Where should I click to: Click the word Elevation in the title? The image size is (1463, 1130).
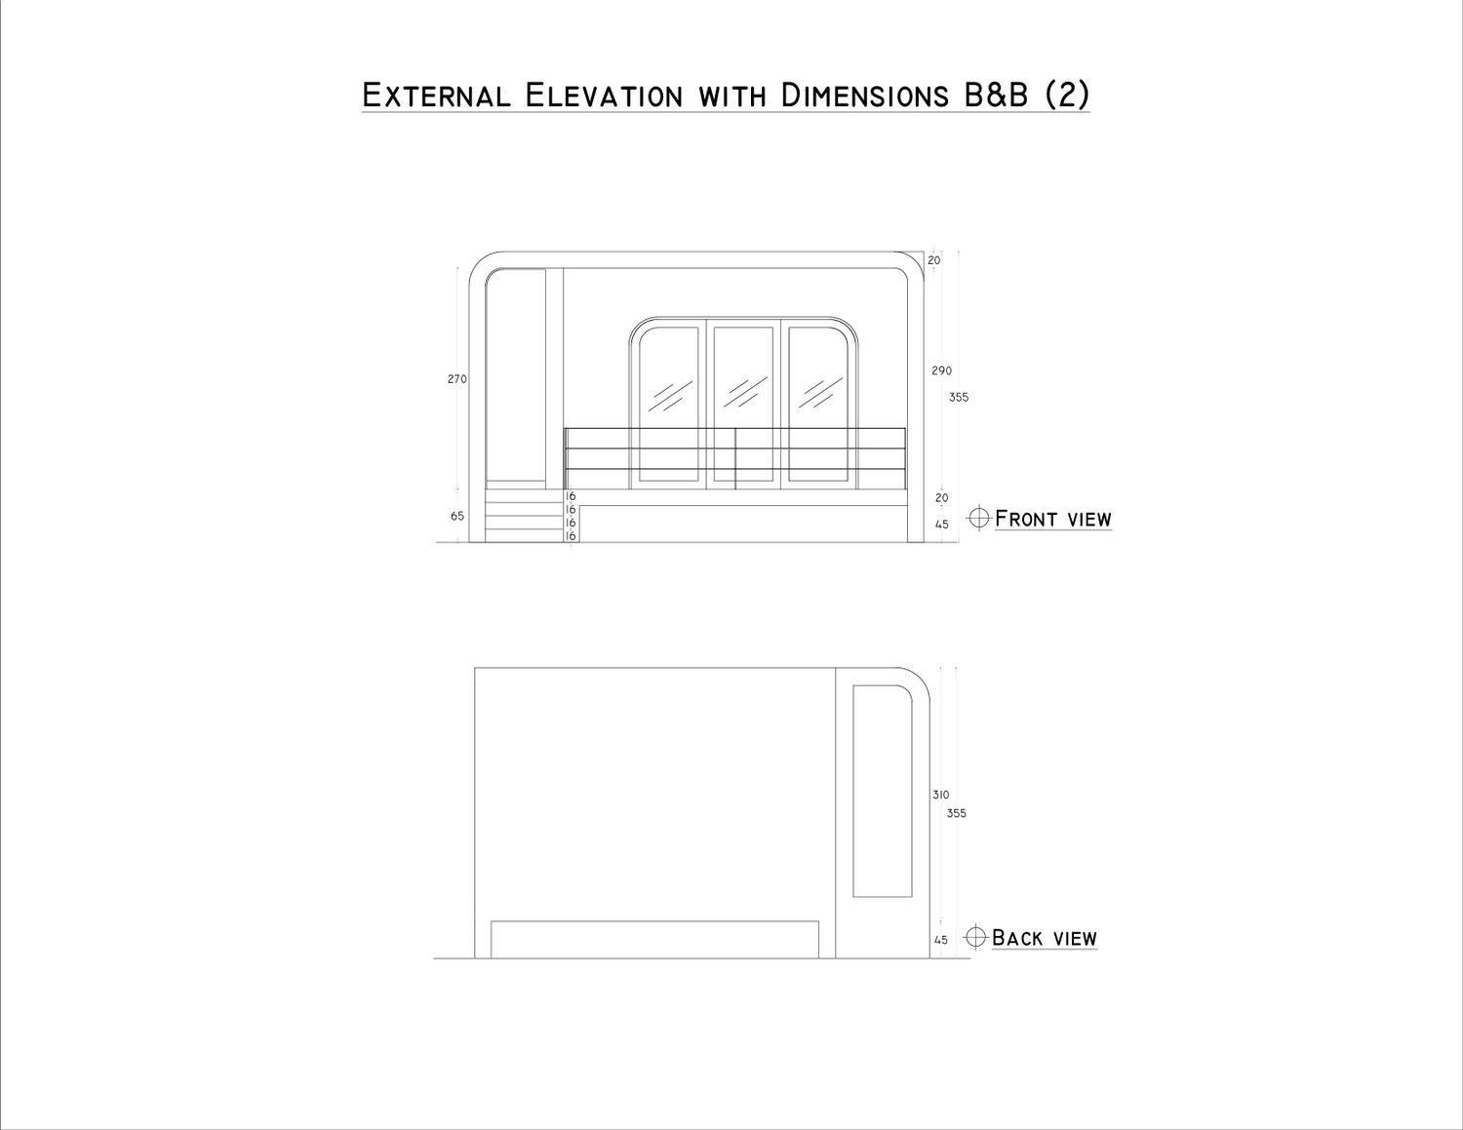[603, 96]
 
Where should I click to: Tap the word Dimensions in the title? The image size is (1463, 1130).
[865, 96]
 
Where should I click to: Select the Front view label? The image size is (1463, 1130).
[1053, 520]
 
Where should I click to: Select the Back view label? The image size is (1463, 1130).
[1045, 938]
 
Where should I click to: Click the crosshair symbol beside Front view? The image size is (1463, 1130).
[979, 519]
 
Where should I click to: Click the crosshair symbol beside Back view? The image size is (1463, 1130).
[975, 938]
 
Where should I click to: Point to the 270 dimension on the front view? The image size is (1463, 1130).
[457, 379]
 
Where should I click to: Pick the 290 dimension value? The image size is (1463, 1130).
[942, 370]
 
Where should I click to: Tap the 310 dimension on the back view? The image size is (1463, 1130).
[940, 795]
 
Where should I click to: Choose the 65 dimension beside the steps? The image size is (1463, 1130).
[457, 516]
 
